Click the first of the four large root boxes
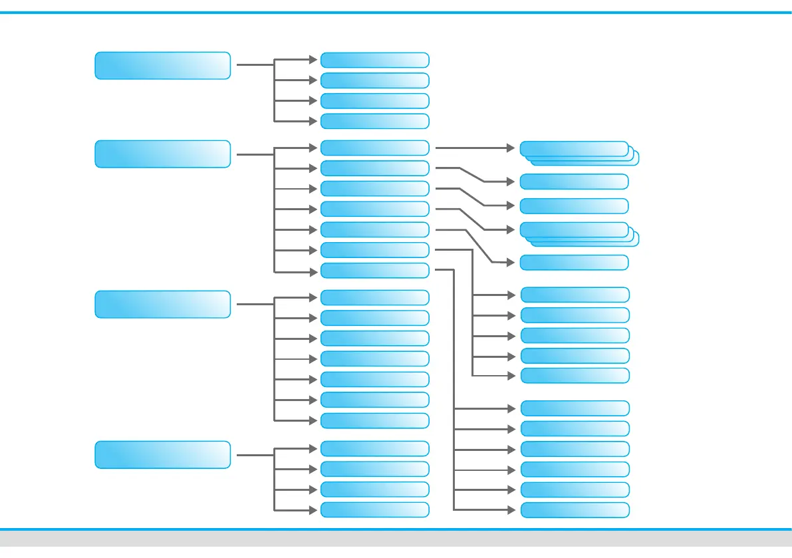pyautogui.click(x=162, y=65)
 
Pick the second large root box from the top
pyautogui.click(x=162, y=154)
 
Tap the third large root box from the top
pyautogui.click(x=162, y=304)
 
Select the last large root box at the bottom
pyautogui.click(x=162, y=454)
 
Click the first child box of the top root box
pyautogui.click(x=374, y=60)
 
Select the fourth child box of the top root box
pyautogui.click(x=374, y=121)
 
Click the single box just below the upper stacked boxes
pyautogui.click(x=574, y=182)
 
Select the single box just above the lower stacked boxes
pyautogui.click(x=574, y=206)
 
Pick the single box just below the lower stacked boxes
pyautogui.click(x=574, y=262)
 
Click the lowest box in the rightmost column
pyautogui.click(x=574, y=510)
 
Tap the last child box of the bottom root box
pyautogui.click(x=374, y=510)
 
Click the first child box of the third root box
pyautogui.click(x=374, y=297)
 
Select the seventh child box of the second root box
pyautogui.click(x=374, y=270)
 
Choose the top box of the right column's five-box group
pyautogui.click(x=574, y=294)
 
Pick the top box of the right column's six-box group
pyautogui.click(x=574, y=408)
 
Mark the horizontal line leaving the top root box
pyautogui.click(x=255, y=65)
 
